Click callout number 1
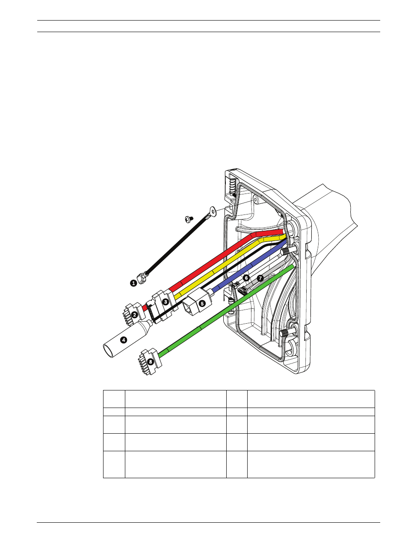click(133, 283)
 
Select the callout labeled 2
click(134, 315)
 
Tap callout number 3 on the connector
click(166, 302)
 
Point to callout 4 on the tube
click(124, 340)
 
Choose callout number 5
click(202, 304)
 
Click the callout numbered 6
click(246, 278)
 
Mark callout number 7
click(260, 278)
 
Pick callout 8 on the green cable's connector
click(151, 362)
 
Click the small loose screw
click(189, 219)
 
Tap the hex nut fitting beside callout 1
click(142, 279)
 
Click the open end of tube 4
click(108, 351)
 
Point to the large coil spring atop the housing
click(231, 188)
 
